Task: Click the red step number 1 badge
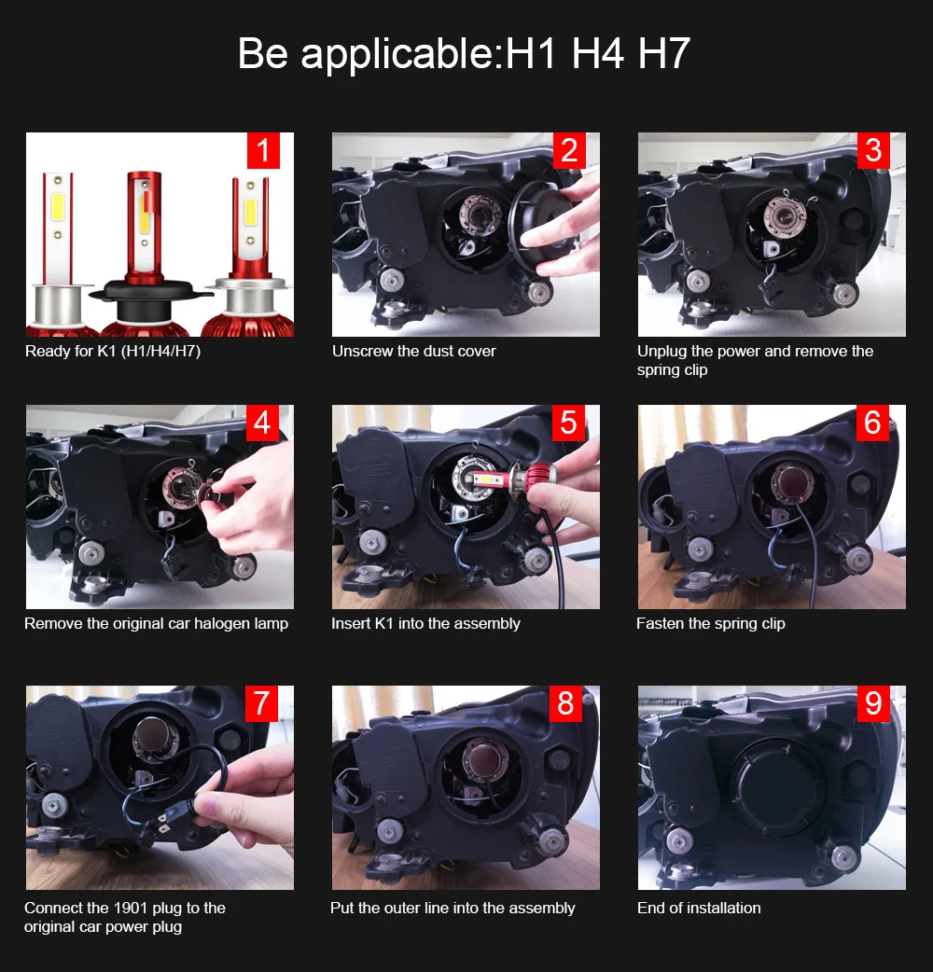(263, 150)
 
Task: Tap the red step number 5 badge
(568, 423)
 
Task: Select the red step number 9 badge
(873, 703)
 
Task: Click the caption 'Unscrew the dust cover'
(413, 352)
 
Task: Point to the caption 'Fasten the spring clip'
(710, 624)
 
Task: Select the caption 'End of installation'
(699, 909)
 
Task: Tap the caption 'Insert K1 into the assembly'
(425, 624)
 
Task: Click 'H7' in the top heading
(663, 54)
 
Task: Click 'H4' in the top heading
(597, 54)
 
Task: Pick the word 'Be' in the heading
(264, 54)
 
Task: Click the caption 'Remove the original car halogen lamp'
(157, 624)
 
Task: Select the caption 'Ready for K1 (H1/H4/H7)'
(113, 352)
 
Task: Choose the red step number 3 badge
(873, 150)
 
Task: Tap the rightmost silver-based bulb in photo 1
(244, 261)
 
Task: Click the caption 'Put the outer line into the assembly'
(453, 909)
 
